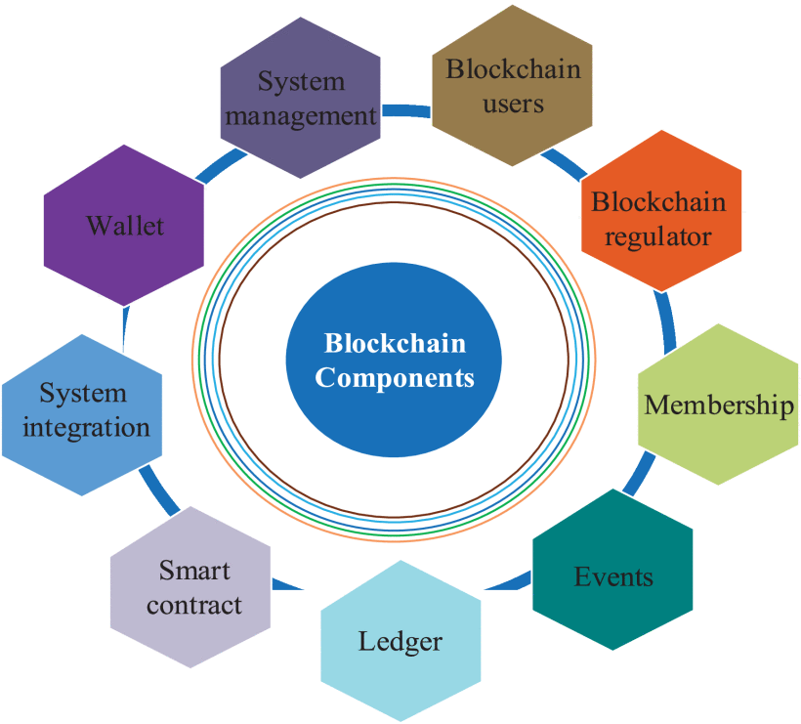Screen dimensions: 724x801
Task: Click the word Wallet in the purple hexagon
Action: pyautogui.click(x=125, y=226)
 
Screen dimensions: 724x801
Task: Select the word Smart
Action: pyautogui.click(x=194, y=570)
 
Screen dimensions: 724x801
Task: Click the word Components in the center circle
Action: pyautogui.click(x=395, y=377)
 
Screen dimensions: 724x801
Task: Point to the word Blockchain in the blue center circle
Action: pyautogui.click(x=395, y=344)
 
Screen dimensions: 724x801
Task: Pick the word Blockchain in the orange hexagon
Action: pyautogui.click(x=659, y=202)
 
